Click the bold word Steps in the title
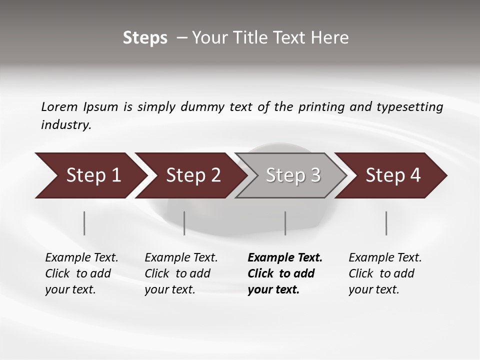tap(145, 38)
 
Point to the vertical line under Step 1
tap(84, 223)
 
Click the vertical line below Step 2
tap(184, 223)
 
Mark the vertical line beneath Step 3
tap(285, 223)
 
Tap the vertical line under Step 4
tap(386, 223)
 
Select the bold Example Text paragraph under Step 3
tap(285, 273)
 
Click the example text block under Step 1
tap(81, 273)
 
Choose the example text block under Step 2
tap(181, 273)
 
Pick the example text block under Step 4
tap(385, 273)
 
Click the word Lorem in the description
tap(59, 107)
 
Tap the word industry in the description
tap(65, 125)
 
